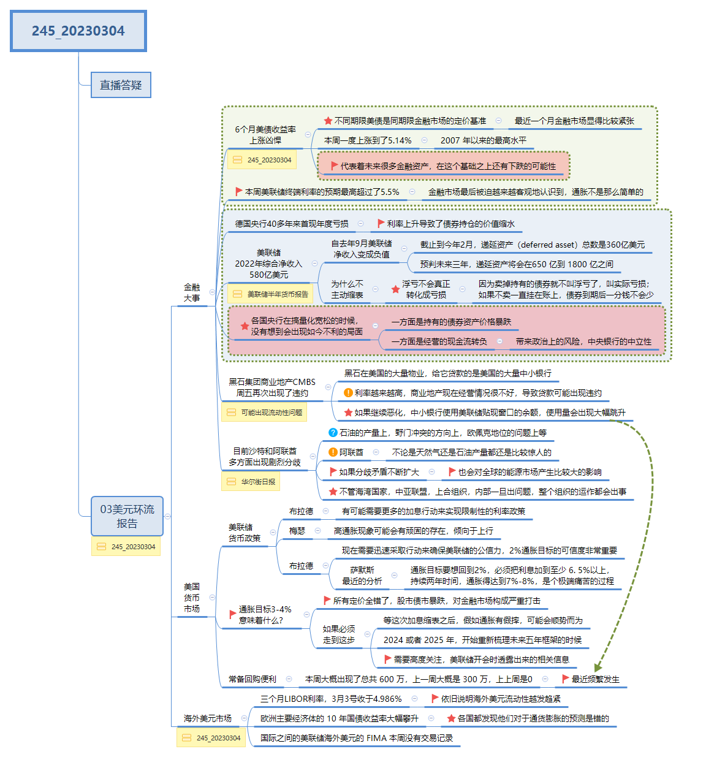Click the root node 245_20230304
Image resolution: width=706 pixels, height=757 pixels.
[x=78, y=31]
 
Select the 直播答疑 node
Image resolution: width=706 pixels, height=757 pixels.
[x=121, y=85]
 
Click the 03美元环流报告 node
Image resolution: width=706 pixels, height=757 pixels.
[x=127, y=516]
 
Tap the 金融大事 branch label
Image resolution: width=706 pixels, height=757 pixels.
[x=192, y=292]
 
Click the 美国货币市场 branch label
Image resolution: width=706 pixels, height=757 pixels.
[x=192, y=598]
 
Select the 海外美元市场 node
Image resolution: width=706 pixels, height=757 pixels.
[x=208, y=718]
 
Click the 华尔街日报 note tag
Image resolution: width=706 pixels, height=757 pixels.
[x=251, y=482]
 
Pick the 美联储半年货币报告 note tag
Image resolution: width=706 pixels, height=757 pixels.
[x=270, y=294]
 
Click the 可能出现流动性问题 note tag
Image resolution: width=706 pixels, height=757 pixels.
[x=264, y=413]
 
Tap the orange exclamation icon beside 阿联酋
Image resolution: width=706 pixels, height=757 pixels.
[x=333, y=452]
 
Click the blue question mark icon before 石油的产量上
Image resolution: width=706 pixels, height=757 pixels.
[x=333, y=433]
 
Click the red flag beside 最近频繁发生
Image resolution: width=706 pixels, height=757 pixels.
[x=566, y=679]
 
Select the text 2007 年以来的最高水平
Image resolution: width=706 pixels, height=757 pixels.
[x=483, y=140]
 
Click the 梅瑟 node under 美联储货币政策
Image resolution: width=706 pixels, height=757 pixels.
[x=297, y=531]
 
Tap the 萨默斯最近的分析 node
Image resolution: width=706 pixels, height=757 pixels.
[x=362, y=576]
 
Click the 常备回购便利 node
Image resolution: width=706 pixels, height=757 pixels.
[x=252, y=679]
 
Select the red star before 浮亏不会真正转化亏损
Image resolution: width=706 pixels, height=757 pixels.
[x=395, y=289]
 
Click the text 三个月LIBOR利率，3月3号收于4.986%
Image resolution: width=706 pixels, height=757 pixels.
[x=331, y=699]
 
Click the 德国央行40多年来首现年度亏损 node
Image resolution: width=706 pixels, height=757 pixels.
[x=292, y=224]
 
